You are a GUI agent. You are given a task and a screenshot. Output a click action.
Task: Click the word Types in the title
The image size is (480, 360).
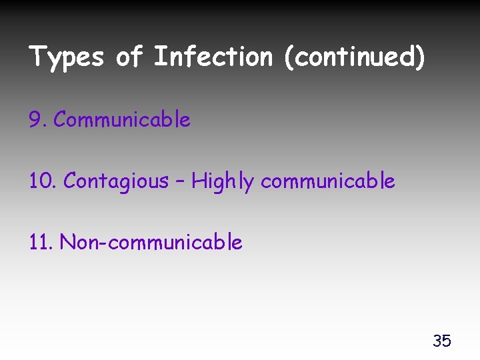tap(67, 57)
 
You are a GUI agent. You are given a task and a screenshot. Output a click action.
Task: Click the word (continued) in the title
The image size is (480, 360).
tap(354, 57)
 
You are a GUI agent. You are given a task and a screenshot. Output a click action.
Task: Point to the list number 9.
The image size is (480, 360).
tap(36, 120)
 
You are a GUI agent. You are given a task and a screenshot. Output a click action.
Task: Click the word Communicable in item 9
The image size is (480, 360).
tap(122, 120)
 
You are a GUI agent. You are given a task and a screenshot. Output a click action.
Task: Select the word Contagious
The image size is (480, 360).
tap(116, 181)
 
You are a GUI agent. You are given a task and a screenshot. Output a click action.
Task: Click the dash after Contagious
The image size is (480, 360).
tap(180, 181)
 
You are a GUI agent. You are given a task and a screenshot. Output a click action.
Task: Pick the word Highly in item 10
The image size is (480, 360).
tap(223, 181)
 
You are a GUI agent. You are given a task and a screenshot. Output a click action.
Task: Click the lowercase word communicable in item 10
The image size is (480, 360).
tap(328, 181)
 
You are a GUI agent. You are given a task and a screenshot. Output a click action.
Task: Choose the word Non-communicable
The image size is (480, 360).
tap(151, 242)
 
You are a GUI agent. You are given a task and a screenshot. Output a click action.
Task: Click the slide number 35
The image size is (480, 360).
tap(441, 341)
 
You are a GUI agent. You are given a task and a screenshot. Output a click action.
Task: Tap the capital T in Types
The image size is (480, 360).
tap(37, 57)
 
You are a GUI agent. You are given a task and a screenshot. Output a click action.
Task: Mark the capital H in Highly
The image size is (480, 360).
tap(198, 180)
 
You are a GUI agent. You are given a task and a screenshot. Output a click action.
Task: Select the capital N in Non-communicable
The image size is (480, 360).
tap(67, 242)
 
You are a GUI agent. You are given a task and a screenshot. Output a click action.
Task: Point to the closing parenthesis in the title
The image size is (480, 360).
tap(419, 58)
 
